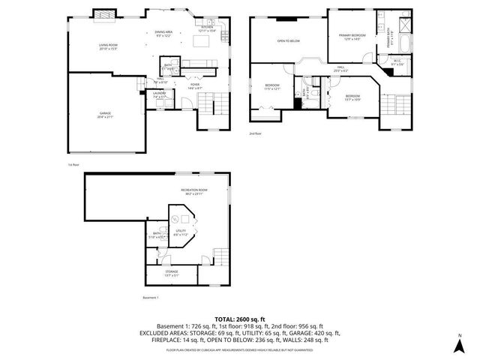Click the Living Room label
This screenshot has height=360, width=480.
point(109,46)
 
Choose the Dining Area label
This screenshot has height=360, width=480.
point(164,33)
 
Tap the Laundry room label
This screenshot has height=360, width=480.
point(160,96)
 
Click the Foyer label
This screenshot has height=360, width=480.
point(194,86)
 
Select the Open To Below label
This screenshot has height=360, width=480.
point(289,41)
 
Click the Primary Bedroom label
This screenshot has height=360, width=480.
point(352,37)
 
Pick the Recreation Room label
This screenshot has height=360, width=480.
point(193,192)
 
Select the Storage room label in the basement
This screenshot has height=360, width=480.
point(172,274)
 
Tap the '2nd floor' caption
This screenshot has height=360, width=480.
point(256,134)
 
